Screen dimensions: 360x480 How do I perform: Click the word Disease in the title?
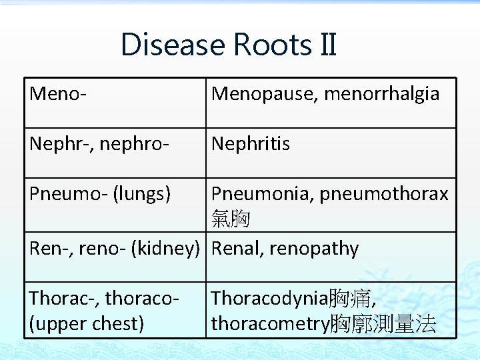[x=173, y=45]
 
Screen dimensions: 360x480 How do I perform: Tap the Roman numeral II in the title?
[x=326, y=45]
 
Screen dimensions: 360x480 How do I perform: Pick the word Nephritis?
[x=251, y=143]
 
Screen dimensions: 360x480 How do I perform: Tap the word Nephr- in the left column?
[x=60, y=143]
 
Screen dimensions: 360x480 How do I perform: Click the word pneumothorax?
[x=384, y=193]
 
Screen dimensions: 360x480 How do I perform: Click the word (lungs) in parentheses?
[x=141, y=193]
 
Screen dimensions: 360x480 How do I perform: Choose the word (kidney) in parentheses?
[x=165, y=249]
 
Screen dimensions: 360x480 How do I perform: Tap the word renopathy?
[x=315, y=249]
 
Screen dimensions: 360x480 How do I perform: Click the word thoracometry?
[x=270, y=324]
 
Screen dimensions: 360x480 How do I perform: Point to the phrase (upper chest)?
[x=86, y=324]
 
